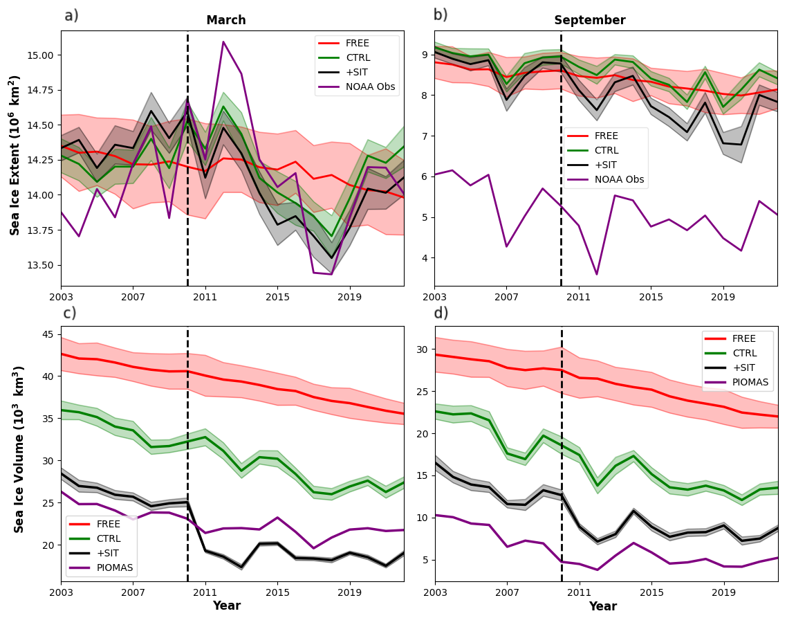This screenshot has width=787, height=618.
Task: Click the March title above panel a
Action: (x=226, y=21)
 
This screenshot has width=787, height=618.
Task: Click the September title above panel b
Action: (x=589, y=21)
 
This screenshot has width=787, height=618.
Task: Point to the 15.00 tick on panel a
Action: (x=43, y=55)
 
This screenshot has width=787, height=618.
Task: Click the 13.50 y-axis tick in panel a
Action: (x=43, y=265)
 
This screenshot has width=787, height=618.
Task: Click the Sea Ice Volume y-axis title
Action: (x=19, y=449)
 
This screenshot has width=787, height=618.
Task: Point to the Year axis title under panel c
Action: (x=227, y=606)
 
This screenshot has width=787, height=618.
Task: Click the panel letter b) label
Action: (x=441, y=15)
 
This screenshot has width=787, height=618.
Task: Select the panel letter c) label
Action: (x=70, y=313)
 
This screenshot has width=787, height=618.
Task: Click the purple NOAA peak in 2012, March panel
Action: (x=223, y=42)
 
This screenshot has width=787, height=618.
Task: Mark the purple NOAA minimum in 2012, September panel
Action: (x=596, y=274)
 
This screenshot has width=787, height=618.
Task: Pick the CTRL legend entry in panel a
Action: (x=358, y=57)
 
